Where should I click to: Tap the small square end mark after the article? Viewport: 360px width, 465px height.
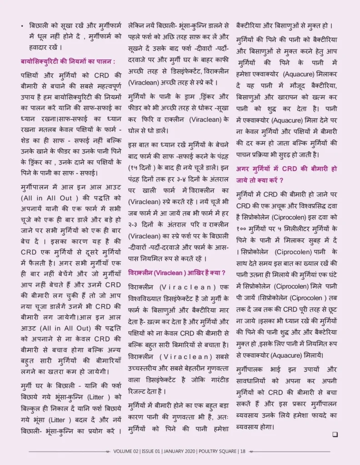pos(335,434)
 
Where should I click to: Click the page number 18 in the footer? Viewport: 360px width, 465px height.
pos(243,451)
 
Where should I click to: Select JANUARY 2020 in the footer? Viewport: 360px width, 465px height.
pos(180,451)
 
